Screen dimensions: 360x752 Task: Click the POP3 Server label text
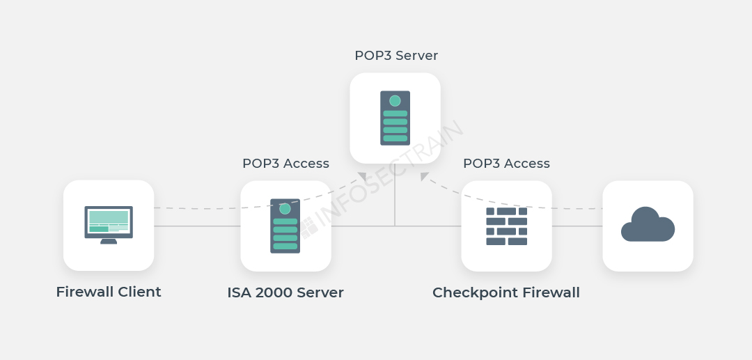pyautogui.click(x=396, y=56)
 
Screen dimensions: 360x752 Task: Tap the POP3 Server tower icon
pyautogui.click(x=395, y=118)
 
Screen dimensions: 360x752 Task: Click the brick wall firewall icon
pyautogui.click(x=506, y=226)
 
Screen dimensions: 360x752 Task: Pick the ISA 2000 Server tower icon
pyautogui.click(x=285, y=226)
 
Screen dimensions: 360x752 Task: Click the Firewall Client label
pyautogui.click(x=109, y=292)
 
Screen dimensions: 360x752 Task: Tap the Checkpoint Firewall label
pyautogui.click(x=506, y=292)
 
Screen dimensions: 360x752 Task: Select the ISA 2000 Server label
pyautogui.click(x=285, y=292)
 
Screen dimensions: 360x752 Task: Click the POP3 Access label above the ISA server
pyautogui.click(x=285, y=164)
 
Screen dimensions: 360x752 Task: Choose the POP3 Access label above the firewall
pyautogui.click(x=506, y=164)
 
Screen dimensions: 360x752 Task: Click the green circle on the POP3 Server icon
pyautogui.click(x=395, y=101)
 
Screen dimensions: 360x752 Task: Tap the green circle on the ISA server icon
pyautogui.click(x=285, y=208)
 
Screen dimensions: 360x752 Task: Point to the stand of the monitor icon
pyautogui.click(x=109, y=242)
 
